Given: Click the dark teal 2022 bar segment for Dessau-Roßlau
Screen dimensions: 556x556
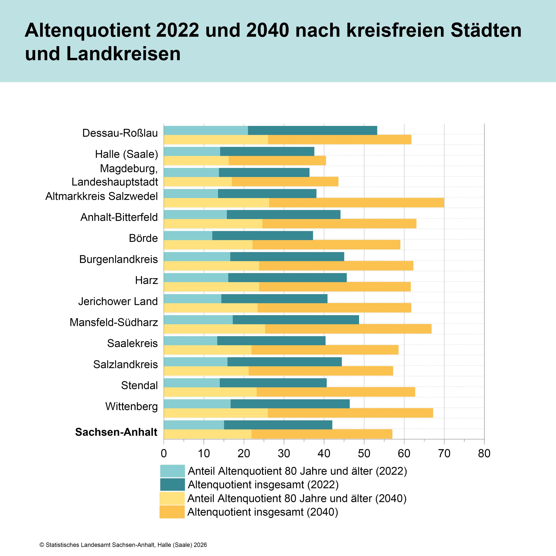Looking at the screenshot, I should point(312,130).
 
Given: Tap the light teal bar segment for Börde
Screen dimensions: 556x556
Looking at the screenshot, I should point(188,235).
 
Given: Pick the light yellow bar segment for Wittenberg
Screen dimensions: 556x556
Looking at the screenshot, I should point(216,413).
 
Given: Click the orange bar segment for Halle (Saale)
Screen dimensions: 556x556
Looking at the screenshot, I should point(277,161).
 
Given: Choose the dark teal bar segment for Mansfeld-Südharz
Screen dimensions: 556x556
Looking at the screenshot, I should point(296,320).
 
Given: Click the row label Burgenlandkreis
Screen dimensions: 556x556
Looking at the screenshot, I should point(119,259).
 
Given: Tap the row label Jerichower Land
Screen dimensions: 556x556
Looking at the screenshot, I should point(118,301).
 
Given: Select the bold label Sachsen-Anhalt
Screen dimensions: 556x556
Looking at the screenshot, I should point(116,432).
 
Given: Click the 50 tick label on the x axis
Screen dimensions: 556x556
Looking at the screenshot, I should point(364,453).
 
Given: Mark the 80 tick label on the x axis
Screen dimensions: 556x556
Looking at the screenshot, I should point(484,453).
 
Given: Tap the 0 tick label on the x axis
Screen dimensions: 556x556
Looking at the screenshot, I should point(164,453).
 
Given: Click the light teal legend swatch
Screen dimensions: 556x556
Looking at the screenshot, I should point(172,471).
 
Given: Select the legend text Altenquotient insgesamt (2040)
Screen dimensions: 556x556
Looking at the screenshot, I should point(263,512).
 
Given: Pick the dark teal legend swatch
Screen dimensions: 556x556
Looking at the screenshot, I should point(172,485).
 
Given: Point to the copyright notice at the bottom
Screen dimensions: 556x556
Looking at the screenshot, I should point(123,545).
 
